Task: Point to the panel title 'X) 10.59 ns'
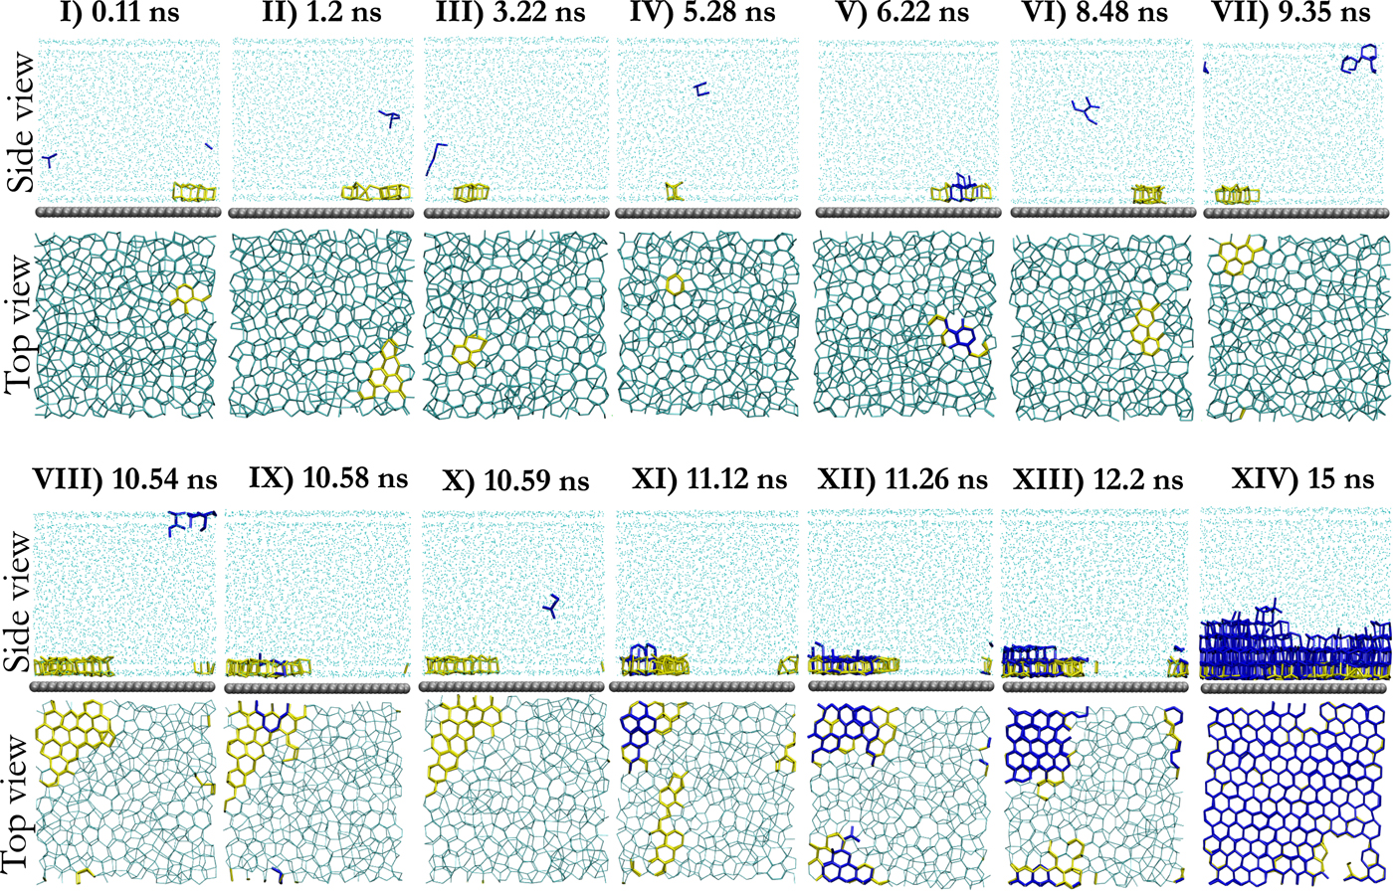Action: [515, 482]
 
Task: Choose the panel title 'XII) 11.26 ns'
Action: [902, 480]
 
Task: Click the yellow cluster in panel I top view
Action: [185, 296]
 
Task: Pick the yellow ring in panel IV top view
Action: [674, 285]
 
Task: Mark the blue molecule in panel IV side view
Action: [702, 89]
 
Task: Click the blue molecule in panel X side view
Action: [553, 606]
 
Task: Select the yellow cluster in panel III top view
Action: [466, 354]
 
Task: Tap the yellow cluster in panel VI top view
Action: [1149, 328]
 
